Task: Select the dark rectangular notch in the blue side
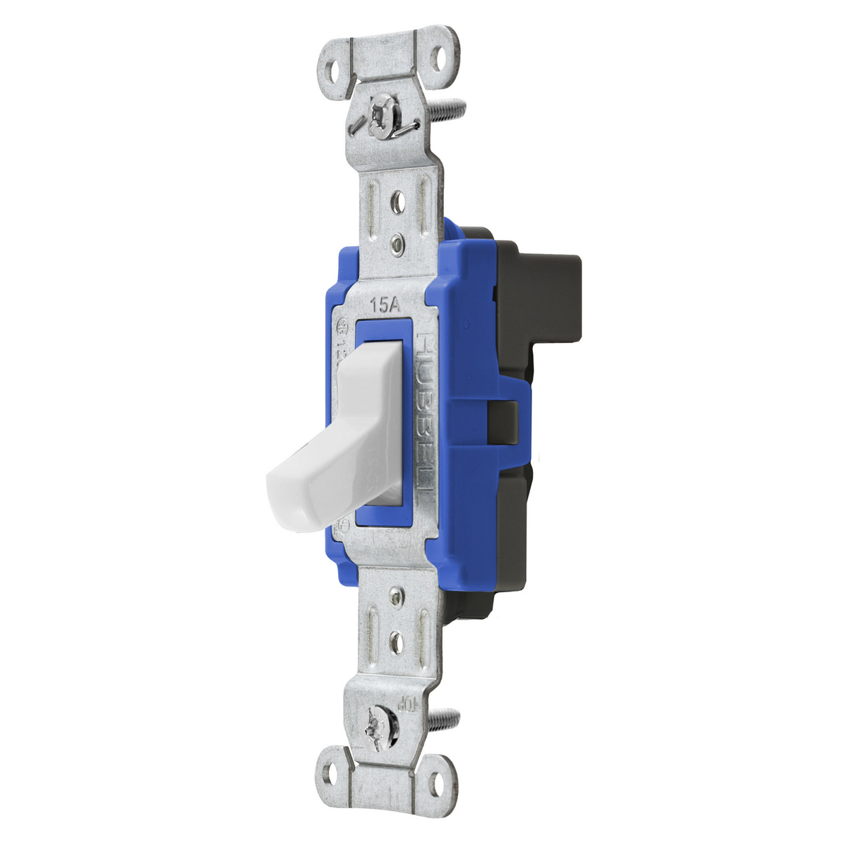502,423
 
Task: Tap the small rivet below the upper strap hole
398,244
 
